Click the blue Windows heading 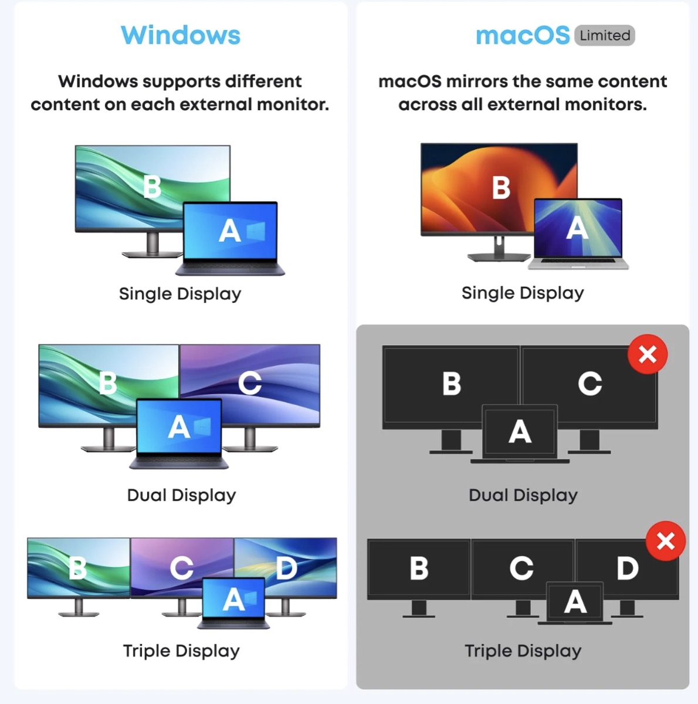tap(181, 35)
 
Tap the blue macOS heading tap(522, 36)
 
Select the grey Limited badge tap(605, 36)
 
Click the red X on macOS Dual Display tap(648, 354)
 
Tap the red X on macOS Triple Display tap(666, 541)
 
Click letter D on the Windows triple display tap(286, 567)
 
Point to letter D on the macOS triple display tap(627, 568)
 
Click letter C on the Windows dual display tap(250, 383)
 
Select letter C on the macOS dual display tap(589, 384)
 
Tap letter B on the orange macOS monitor tap(501, 188)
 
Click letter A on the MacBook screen tap(577, 228)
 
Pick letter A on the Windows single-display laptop tap(229, 231)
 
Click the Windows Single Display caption tap(180, 293)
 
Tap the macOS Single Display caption tap(523, 293)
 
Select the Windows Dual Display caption tap(181, 495)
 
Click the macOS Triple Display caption tap(523, 651)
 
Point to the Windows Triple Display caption tap(181, 651)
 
